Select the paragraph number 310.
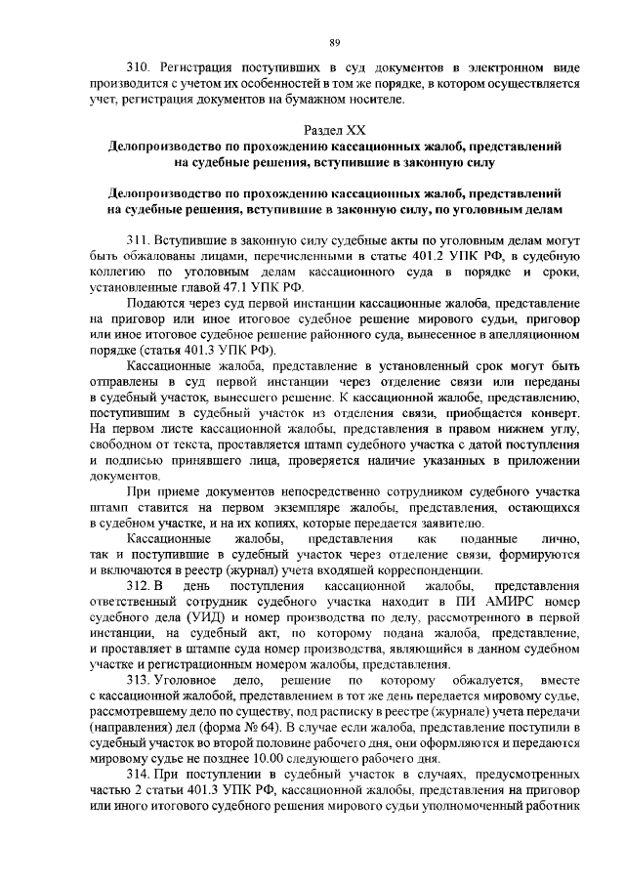(x=143, y=69)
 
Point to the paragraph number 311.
(x=143, y=240)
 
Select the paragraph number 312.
(x=143, y=586)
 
